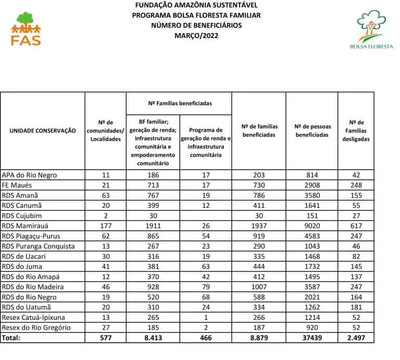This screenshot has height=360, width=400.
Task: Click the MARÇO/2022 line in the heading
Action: [196, 35]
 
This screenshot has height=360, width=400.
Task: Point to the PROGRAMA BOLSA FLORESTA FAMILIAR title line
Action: [196, 15]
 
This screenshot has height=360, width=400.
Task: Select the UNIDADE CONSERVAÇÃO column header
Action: [43, 131]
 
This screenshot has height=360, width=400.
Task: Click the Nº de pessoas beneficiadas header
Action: [312, 131]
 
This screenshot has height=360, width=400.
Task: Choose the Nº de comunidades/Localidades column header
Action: [106, 131]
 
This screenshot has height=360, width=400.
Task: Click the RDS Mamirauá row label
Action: [30, 226]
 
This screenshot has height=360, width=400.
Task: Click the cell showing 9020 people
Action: [312, 226]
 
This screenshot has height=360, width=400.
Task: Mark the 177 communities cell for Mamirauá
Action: [106, 226]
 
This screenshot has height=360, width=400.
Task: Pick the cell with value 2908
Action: [312, 185]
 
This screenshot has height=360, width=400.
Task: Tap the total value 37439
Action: [312, 338]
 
